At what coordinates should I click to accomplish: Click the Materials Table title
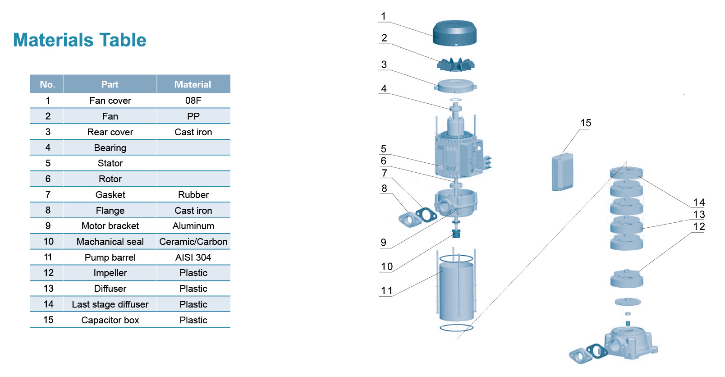pyautogui.click(x=79, y=40)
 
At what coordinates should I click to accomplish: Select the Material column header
pyautogui.click(x=193, y=84)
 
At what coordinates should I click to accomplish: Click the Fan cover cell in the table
pyautogui.click(x=110, y=101)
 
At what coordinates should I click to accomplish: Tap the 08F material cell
pyautogui.click(x=193, y=101)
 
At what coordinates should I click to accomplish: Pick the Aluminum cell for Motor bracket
pyautogui.click(x=193, y=226)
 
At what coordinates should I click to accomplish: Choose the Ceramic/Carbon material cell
pyautogui.click(x=193, y=242)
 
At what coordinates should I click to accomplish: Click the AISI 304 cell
pyautogui.click(x=193, y=257)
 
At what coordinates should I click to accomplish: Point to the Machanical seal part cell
pyautogui.click(x=110, y=242)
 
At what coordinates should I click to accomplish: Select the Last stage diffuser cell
pyautogui.click(x=110, y=304)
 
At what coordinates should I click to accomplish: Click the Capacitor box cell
pyautogui.click(x=110, y=320)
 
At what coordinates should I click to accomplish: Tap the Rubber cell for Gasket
pyautogui.click(x=193, y=195)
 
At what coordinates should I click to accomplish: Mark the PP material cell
pyautogui.click(x=193, y=116)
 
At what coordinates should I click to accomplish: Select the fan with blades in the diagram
pyautogui.click(x=455, y=64)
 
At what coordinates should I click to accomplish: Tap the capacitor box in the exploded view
pyautogui.click(x=562, y=172)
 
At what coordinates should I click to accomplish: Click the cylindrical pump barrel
pyautogui.click(x=456, y=291)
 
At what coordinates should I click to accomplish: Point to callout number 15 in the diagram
pyautogui.click(x=585, y=123)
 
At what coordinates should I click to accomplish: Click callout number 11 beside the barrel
pyautogui.click(x=386, y=291)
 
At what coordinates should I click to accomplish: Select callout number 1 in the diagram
pyautogui.click(x=383, y=17)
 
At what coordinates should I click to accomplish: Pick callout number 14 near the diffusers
pyautogui.click(x=699, y=202)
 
